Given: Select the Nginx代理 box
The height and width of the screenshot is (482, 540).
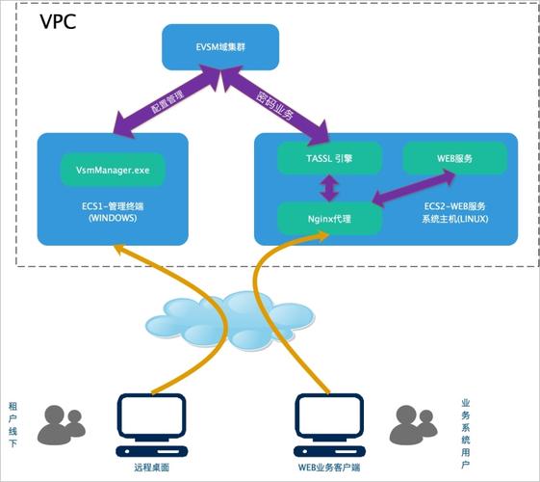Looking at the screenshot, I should tap(328, 218).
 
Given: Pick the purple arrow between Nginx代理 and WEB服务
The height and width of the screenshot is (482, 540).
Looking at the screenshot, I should tap(413, 189).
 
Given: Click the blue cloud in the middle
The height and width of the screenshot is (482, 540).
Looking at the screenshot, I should tap(219, 317).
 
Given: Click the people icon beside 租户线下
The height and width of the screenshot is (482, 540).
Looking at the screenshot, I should tap(63, 423).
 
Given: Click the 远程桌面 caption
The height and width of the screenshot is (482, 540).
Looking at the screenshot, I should tap(152, 467).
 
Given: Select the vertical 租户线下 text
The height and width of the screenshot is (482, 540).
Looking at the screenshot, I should tap(13, 424).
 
